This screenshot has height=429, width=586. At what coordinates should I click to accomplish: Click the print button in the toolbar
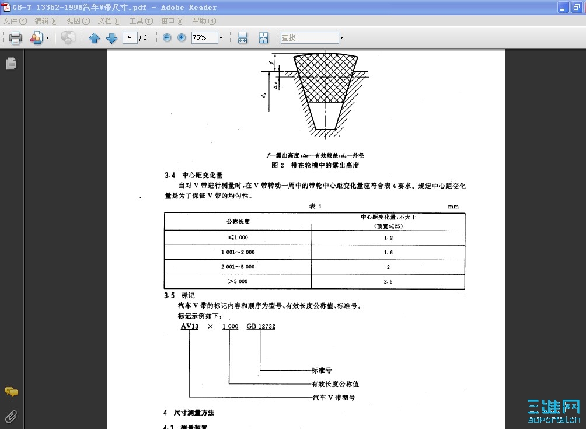pyautogui.click(x=15, y=38)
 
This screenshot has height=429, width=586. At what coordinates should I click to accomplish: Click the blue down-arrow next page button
pyautogui.click(x=112, y=38)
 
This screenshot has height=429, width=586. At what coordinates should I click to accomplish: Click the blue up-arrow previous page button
pyautogui.click(x=95, y=38)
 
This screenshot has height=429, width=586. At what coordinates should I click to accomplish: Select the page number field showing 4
pyautogui.click(x=129, y=37)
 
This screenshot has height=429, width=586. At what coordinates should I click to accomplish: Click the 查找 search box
pyautogui.click(x=309, y=37)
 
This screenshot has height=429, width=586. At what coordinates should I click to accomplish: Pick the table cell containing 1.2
pyautogui.click(x=388, y=238)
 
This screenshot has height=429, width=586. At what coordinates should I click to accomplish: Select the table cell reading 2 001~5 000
pyautogui.click(x=238, y=267)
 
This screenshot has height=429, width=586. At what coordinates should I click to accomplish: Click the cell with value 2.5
pyautogui.click(x=388, y=281)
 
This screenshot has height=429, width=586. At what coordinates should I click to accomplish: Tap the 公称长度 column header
pyautogui.click(x=238, y=222)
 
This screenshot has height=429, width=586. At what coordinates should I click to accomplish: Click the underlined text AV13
pyautogui.click(x=189, y=326)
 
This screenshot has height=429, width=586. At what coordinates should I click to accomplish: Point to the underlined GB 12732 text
pyautogui.click(x=260, y=326)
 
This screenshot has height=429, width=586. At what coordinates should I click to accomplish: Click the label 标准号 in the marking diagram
pyautogui.click(x=322, y=370)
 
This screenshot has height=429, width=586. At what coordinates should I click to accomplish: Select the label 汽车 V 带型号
pyautogui.click(x=334, y=397)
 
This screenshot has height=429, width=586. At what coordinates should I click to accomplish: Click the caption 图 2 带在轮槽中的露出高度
pyautogui.click(x=315, y=166)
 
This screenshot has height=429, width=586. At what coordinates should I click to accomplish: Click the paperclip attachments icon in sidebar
pyautogui.click(x=11, y=416)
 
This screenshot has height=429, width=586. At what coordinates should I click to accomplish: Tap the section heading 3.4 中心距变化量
pyautogui.click(x=193, y=175)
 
